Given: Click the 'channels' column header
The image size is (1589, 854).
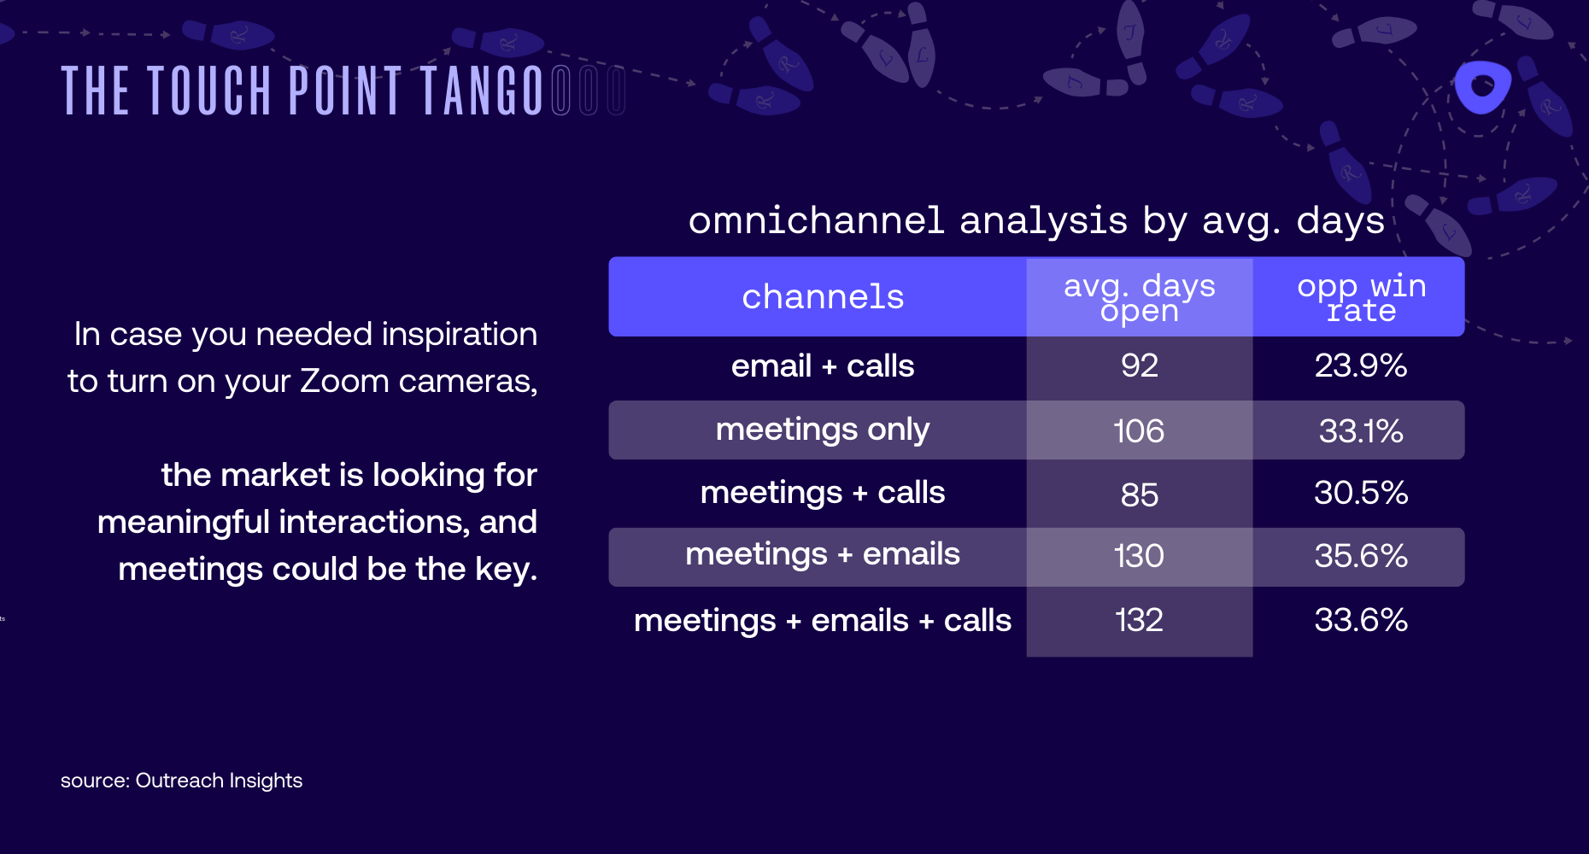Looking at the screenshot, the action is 822,297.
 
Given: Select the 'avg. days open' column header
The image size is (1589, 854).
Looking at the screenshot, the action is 1139,297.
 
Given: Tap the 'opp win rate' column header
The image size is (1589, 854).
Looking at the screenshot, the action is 1361,297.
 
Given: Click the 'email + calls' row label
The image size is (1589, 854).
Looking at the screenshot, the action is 822,366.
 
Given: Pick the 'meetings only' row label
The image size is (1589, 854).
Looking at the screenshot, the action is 822,430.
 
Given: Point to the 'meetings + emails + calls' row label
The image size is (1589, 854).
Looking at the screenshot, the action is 822,621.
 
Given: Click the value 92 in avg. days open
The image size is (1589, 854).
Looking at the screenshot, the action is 1139,366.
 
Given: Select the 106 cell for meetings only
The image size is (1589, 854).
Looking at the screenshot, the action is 1139,431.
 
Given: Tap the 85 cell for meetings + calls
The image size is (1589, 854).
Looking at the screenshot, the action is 1139,494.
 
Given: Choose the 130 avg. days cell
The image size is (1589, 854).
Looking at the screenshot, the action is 1139,556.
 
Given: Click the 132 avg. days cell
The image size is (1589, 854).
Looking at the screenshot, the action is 1139,620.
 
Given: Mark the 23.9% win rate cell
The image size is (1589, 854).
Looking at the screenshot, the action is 1360,366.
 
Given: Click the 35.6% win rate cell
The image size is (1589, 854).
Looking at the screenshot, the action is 1360,556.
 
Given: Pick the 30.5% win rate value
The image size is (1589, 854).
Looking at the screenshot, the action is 1360,493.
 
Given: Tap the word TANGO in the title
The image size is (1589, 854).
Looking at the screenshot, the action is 482,91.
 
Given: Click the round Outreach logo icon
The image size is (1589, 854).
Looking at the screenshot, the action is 1482,86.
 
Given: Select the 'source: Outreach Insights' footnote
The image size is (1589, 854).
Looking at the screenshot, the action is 181,781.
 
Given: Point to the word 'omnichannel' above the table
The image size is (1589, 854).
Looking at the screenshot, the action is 816,220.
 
